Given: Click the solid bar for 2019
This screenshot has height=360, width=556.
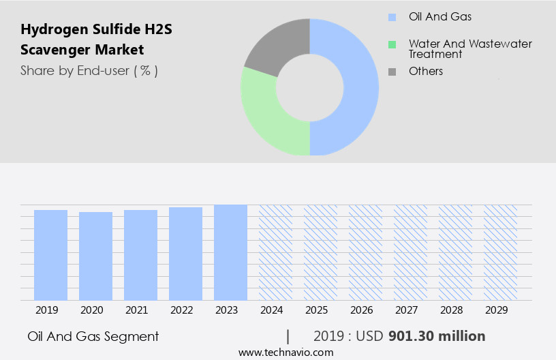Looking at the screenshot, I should [x=50, y=255].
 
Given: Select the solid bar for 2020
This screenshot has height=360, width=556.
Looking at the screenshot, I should [x=95, y=256].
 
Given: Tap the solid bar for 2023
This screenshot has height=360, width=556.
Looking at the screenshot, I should [x=230, y=252].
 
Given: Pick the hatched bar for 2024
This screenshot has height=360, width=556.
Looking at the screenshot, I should [x=275, y=252].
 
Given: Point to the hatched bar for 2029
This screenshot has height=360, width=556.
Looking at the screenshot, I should [x=500, y=252].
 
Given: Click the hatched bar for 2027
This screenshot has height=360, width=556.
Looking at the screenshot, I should [x=410, y=252].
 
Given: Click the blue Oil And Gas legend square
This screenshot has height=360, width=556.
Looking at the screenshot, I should [x=392, y=17].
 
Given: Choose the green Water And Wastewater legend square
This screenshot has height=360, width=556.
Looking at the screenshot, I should [x=392, y=45].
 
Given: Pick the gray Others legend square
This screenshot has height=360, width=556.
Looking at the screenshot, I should [x=392, y=72].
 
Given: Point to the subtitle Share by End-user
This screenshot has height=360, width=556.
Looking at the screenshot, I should [x=89, y=70].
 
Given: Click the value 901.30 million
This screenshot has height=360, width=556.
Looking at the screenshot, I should [x=437, y=336].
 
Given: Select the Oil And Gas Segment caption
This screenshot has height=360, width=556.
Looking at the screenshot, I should [x=93, y=336].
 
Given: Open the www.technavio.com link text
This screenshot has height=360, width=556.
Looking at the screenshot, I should [x=286, y=352].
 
